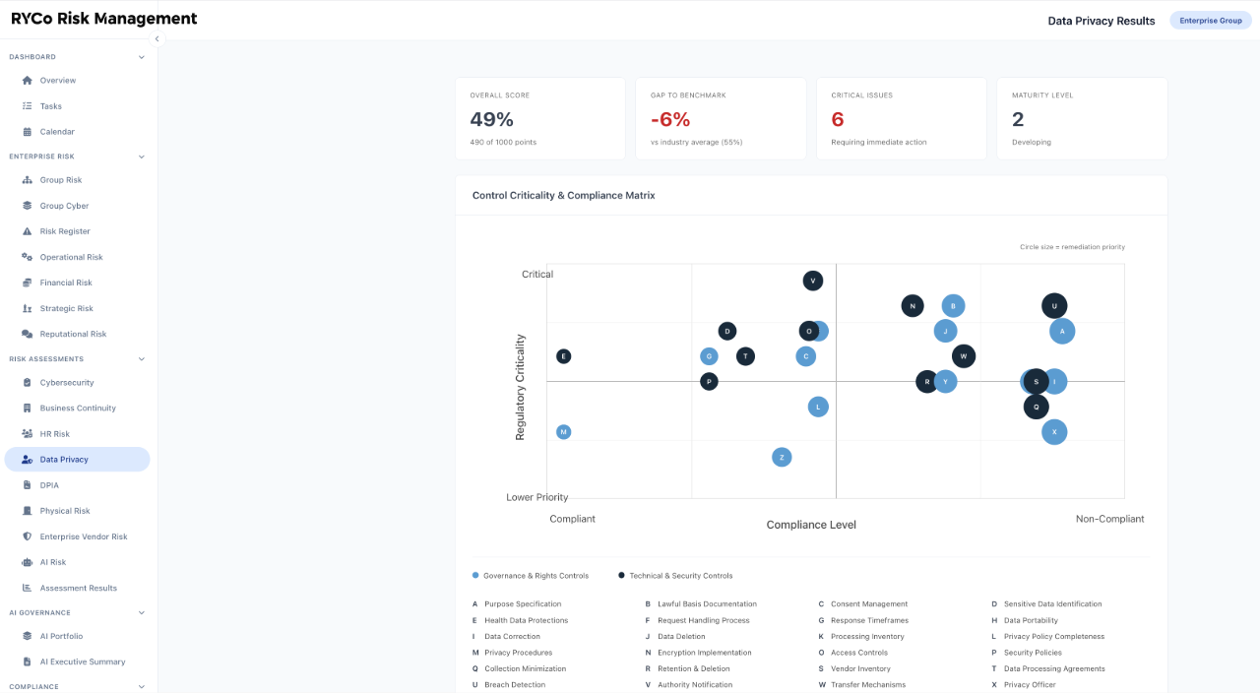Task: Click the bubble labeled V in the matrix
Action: [812, 281]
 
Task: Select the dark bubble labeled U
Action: [1054, 306]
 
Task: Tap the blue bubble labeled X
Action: [1054, 432]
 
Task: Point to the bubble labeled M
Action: [563, 432]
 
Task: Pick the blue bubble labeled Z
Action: [782, 458]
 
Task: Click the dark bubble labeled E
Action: [563, 356]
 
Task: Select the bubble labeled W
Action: [964, 356]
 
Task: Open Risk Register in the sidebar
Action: [65, 231]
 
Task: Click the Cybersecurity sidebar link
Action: [66, 383]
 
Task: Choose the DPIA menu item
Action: [49, 485]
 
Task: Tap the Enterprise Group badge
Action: [1211, 21]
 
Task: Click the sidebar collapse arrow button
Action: [157, 38]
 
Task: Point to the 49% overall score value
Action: [491, 119]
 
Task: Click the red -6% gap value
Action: [670, 119]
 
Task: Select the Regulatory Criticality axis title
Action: [520, 387]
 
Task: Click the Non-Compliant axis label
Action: [1109, 519]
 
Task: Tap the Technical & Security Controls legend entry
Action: [675, 576]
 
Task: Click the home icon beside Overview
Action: [27, 81]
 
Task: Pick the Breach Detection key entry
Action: [509, 684]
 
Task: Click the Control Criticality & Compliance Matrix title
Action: [564, 195]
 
